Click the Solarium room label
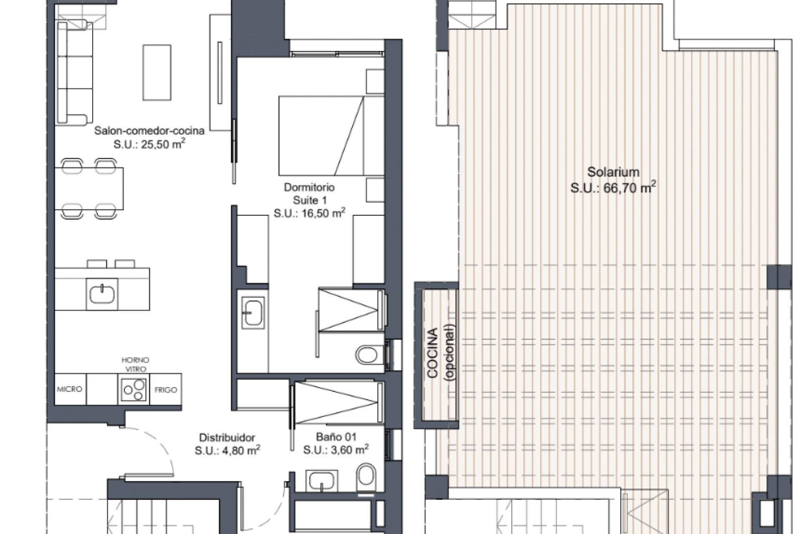tap(613, 172)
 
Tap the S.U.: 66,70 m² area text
tap(613, 188)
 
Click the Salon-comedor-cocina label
tap(149, 131)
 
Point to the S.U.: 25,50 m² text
tap(149, 144)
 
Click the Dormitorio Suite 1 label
tap(309, 194)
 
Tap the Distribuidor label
tap(227, 438)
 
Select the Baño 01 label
tap(336, 437)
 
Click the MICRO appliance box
tap(70, 389)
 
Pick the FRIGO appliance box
tap(166, 390)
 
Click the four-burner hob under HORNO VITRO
tap(134, 389)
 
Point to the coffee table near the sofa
tap(157, 73)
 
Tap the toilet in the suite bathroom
tap(368, 355)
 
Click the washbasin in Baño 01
tap(322, 482)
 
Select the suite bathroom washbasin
tap(253, 312)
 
